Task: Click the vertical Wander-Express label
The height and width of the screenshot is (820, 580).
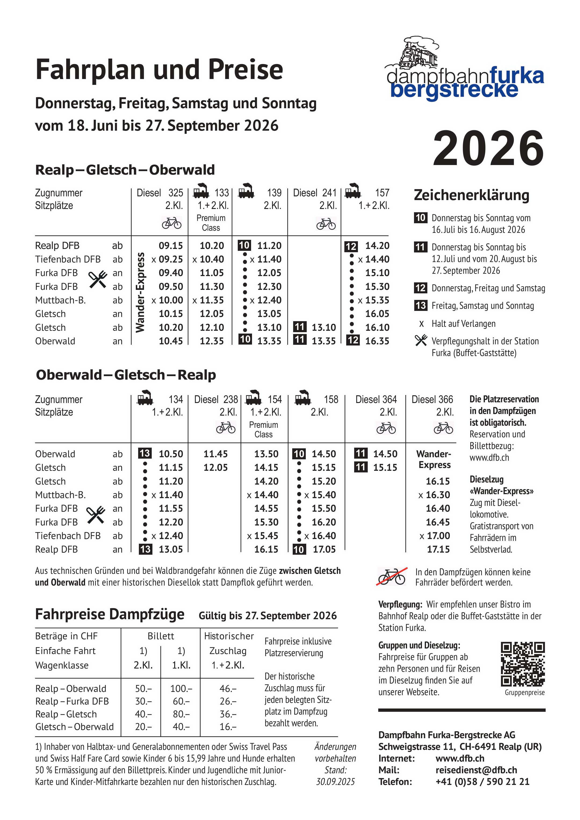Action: pyautogui.click(x=140, y=292)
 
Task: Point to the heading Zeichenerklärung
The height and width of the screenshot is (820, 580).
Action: pyautogui.click(x=472, y=195)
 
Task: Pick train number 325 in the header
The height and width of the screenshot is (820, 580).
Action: pyautogui.click(x=176, y=193)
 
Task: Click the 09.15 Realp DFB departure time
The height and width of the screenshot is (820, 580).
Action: pyautogui.click(x=171, y=246)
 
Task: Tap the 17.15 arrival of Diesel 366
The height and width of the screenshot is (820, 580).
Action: pyautogui.click(x=438, y=549)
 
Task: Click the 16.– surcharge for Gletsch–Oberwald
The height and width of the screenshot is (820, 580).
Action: pyautogui.click(x=228, y=726)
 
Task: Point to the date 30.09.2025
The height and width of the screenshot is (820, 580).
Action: pyautogui.click(x=335, y=782)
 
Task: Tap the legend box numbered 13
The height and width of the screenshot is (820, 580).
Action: pyautogui.click(x=420, y=305)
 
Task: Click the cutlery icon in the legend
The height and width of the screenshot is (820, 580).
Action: pyautogui.click(x=421, y=340)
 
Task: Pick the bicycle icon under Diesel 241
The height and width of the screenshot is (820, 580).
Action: pyautogui.click(x=326, y=224)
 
